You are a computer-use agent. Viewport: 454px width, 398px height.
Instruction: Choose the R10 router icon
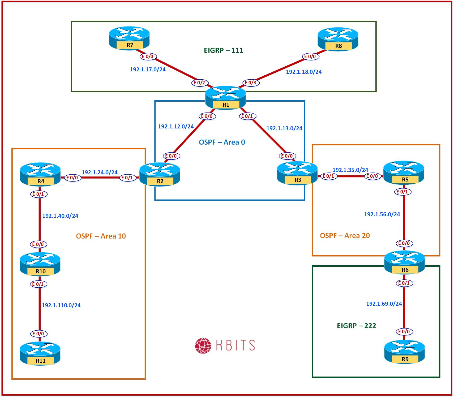pos(40,264)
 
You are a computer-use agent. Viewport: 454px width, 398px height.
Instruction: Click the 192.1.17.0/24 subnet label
pos(148,70)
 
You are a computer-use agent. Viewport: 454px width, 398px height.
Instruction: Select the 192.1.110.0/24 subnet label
pos(61,305)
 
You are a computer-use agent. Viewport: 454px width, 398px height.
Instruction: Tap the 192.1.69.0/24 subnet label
pos(384,304)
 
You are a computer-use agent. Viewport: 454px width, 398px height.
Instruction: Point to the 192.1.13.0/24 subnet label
pos(284,128)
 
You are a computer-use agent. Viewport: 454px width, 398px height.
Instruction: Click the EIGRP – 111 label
pos(223,50)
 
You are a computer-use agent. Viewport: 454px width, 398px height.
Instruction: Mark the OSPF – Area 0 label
pos(222,142)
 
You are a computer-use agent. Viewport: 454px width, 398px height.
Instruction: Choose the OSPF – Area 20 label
pos(345,235)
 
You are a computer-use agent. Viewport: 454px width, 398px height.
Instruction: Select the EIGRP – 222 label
pos(356,326)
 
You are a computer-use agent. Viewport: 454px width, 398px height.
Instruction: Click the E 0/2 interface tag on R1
pos(200,83)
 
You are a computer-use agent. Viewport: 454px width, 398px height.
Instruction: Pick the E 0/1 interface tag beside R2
pos(127,178)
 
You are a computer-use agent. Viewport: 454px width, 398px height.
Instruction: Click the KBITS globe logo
pos(203,346)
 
